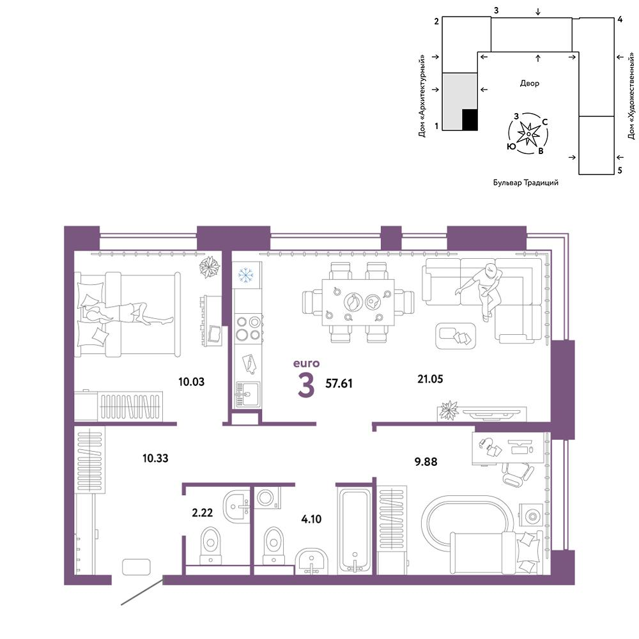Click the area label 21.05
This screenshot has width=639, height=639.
[430, 379]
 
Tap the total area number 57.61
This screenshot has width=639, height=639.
[339, 383]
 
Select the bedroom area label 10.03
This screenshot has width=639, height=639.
[191, 382]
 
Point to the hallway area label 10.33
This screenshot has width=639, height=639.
[155, 458]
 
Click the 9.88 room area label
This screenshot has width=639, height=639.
[426, 462]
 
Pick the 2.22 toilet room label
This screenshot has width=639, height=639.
[202, 512]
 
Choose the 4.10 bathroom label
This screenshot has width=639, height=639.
[311, 519]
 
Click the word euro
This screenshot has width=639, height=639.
[307, 364]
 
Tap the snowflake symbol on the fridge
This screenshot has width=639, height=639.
[246, 275]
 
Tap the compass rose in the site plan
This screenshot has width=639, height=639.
[528, 134]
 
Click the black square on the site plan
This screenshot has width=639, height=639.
[470, 120]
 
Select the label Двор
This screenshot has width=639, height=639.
[529, 84]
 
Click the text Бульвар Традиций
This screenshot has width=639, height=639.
[526, 183]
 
